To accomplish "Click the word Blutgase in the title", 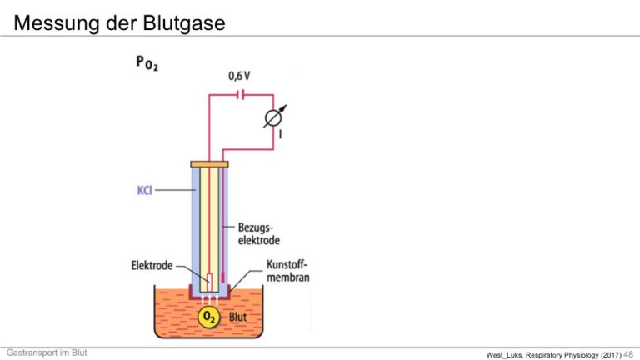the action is point(183,23).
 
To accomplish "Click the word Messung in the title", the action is point(57,23).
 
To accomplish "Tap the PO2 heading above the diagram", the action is point(147,63).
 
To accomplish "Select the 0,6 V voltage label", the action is point(239,76).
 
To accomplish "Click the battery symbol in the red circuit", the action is point(241,95).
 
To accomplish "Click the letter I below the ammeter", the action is point(280,134).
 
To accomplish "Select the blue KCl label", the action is point(144,190).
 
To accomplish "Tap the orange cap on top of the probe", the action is point(209,164).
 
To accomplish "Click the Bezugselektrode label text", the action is point(259,234).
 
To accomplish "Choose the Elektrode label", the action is point(152,266).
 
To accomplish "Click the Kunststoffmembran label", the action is point(287,271).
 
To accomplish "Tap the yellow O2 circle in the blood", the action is point(209,317).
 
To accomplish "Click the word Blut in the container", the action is point(237,317).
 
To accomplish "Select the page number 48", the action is point(628,354).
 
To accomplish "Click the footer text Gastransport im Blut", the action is point(47,352).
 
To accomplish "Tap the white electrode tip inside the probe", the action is point(209,282).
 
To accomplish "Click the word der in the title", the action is point(121,23).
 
